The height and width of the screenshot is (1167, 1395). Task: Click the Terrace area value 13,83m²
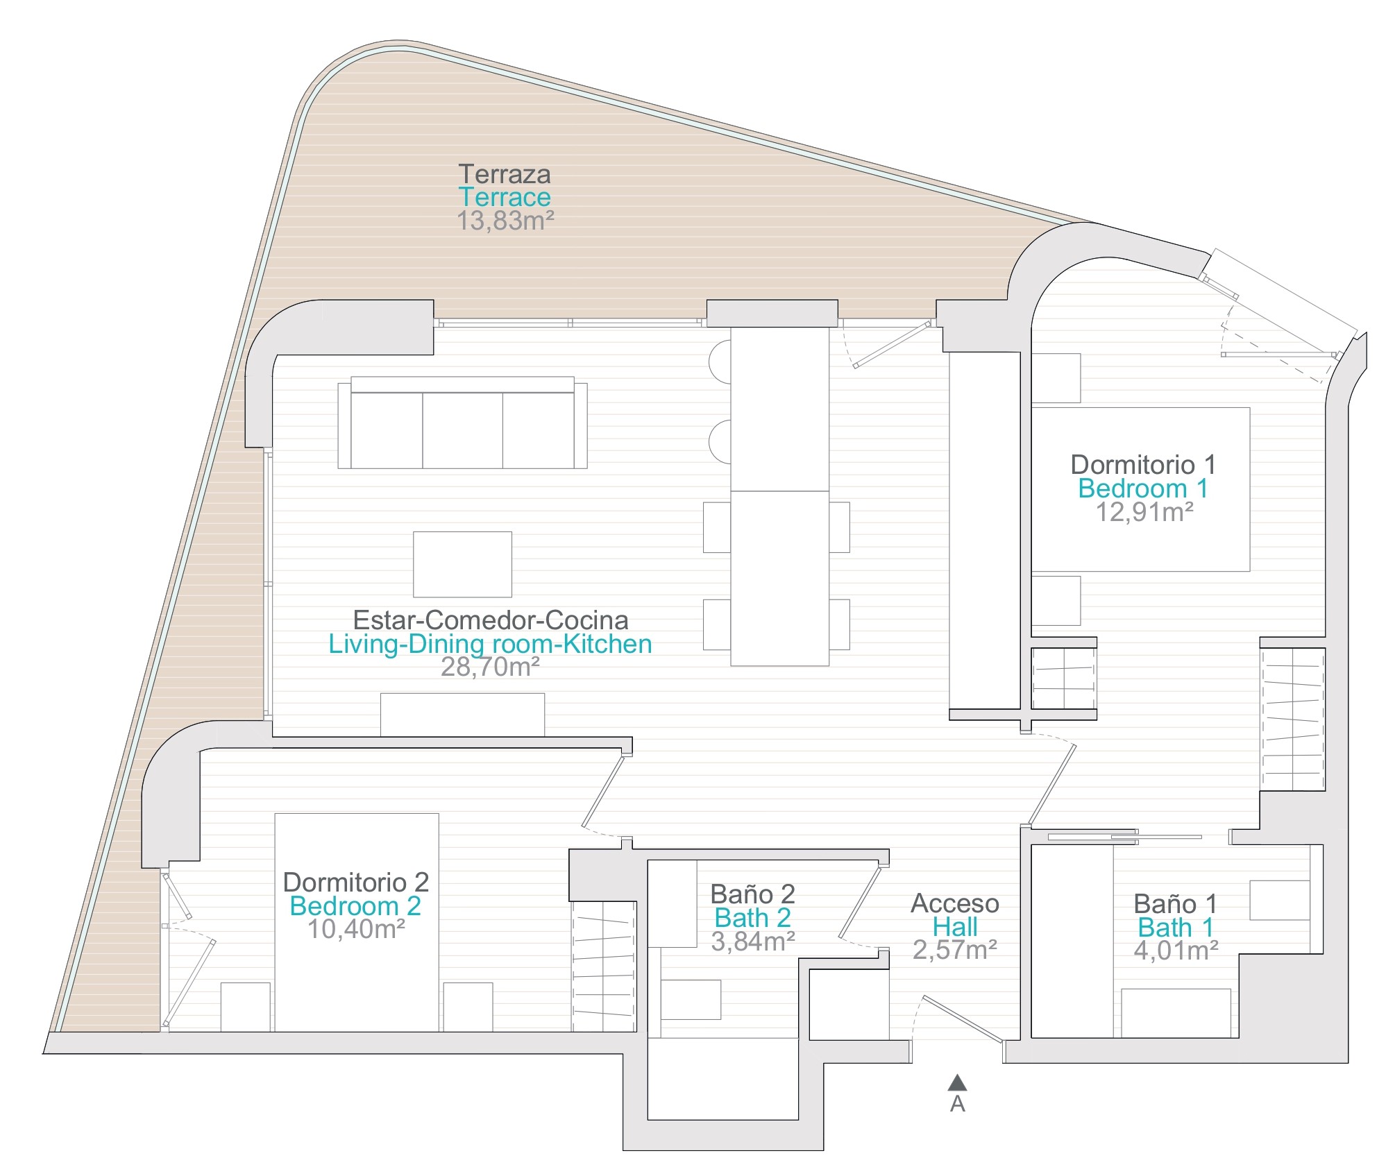505,221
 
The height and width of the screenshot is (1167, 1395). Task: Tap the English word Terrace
505,197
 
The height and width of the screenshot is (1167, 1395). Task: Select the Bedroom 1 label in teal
1143,488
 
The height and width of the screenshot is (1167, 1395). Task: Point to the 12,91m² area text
1144,512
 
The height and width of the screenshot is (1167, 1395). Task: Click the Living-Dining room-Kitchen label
490,644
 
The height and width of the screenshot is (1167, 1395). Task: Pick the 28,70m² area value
490,667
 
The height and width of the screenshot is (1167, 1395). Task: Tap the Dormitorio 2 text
356,882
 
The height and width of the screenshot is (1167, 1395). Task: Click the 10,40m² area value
356,928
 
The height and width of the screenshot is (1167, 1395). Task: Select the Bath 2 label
753,918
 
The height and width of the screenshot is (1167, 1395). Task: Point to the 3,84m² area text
753,941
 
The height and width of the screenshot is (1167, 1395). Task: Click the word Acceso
955,903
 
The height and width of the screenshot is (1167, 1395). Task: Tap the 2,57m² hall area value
955,950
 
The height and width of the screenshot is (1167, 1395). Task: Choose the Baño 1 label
1175,903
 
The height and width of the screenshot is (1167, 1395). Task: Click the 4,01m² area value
1176,950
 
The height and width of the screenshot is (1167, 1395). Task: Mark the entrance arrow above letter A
958,1082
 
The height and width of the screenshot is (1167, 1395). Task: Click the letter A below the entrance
958,1104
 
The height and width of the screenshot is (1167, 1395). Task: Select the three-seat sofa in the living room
462,423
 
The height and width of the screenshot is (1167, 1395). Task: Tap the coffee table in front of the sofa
462,564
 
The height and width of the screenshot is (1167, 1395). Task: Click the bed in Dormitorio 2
357,922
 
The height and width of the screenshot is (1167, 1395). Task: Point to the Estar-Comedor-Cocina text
491,620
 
